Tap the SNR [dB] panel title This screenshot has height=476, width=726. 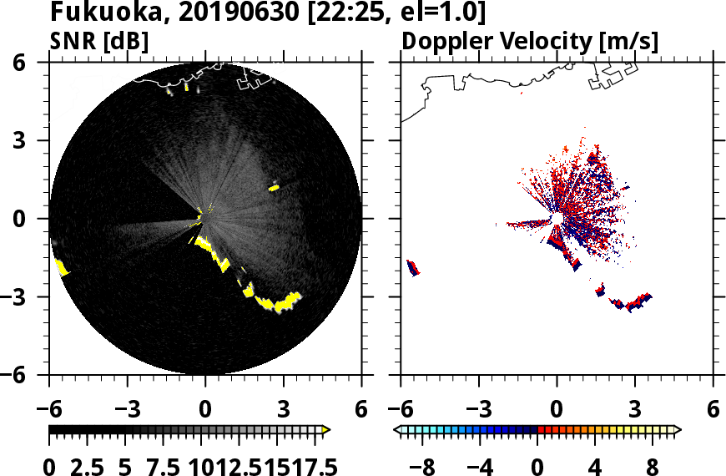[x=99, y=41]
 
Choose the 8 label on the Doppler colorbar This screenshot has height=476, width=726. [x=653, y=465]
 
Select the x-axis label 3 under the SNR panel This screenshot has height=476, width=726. [x=283, y=411]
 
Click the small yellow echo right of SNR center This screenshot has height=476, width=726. [x=274, y=188]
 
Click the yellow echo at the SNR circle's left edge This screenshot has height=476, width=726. [x=61, y=266]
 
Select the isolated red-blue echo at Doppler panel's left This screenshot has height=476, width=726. [x=412, y=268]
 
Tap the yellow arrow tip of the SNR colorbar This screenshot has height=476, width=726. [x=326, y=430]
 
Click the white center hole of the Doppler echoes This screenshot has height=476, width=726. [x=555, y=219]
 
